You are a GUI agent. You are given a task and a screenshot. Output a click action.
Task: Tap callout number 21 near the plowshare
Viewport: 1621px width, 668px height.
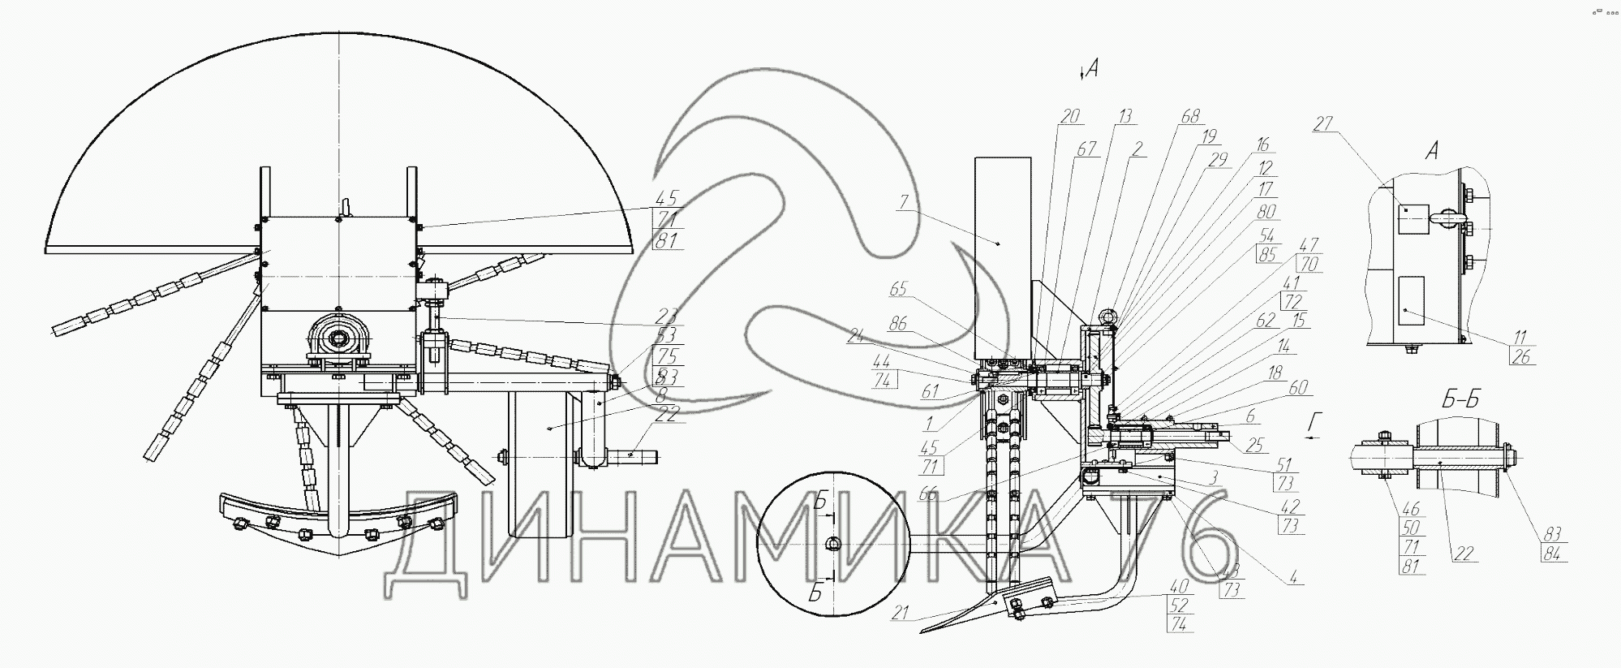coord(900,614)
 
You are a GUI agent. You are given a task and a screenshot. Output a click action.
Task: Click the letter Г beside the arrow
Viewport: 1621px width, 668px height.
coord(1315,421)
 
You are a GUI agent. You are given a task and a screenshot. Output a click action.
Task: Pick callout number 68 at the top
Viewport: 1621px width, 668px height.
coord(1190,117)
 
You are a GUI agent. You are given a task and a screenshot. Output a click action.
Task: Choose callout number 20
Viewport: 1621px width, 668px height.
coord(1071,117)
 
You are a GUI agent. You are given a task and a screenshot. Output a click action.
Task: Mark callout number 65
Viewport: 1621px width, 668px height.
coord(897,289)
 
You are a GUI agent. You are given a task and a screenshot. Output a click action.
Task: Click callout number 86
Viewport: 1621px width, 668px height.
coord(897,325)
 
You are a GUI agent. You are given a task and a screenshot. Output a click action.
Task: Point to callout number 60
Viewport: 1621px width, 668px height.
coord(1298,388)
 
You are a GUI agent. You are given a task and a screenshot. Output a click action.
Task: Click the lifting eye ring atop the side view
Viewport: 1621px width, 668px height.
coord(1109,317)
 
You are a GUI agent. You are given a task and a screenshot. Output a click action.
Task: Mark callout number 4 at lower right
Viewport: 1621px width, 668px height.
coord(1296,579)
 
